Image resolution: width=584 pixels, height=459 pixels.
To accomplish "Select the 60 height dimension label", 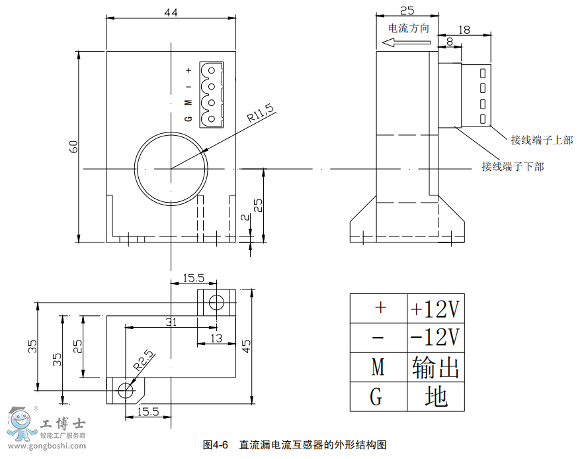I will pos(73,146).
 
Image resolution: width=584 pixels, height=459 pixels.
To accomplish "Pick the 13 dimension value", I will pos(216,338).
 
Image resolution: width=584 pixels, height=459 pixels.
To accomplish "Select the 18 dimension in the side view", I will pos(464,29).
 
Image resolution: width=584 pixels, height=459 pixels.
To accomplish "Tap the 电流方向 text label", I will pos(408,28).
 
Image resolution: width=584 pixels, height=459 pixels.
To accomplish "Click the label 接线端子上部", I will pos(541,140).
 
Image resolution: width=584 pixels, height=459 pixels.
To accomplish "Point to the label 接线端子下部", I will pos(513,167).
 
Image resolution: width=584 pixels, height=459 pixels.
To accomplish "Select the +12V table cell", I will pos(435,308).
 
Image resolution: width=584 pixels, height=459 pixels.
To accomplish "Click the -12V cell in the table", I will pos(435,337).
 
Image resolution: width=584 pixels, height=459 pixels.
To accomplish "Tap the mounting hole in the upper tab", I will pos(216,303).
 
